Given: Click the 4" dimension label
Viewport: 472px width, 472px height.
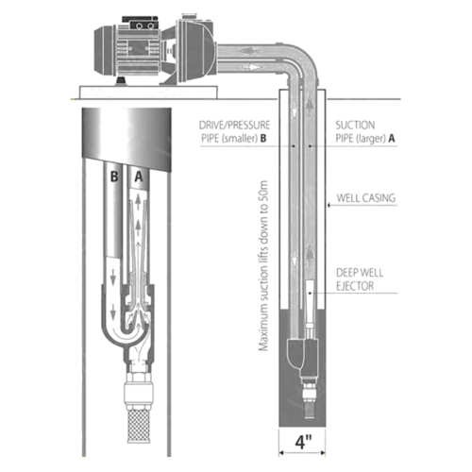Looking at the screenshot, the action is point(303,442).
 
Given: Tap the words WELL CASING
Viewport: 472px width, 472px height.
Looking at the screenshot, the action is point(366,198).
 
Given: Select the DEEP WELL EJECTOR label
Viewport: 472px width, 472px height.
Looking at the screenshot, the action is point(360,279).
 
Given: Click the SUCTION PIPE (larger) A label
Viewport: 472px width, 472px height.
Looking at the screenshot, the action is point(365,131).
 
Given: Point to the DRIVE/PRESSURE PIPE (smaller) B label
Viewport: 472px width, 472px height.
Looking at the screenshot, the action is point(235,131).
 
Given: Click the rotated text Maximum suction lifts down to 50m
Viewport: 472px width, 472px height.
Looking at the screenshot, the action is point(263,266).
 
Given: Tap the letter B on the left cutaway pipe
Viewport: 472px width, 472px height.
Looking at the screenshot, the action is point(114,177).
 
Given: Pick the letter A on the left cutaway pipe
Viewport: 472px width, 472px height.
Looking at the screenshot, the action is point(139,177).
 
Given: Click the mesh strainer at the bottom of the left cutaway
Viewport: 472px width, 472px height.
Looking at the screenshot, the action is point(139,425).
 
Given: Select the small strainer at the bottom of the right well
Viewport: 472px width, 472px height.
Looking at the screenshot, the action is point(309,411).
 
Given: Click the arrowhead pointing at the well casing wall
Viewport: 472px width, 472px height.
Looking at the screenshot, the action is point(329,205).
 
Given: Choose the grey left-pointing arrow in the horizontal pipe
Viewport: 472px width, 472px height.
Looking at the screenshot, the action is point(247,51).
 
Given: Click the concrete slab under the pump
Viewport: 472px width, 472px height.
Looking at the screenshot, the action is point(148,92).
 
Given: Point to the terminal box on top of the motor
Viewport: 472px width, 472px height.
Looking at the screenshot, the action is point(140,23).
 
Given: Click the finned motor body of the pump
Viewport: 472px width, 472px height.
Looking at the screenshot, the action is point(139,53).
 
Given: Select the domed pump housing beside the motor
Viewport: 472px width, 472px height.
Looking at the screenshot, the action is point(195,50).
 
